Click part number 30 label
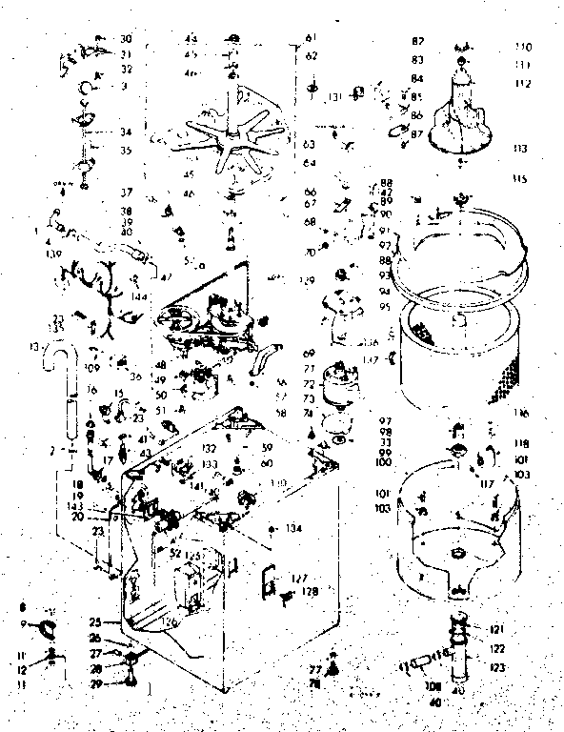(x=127, y=39)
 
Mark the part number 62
(x=310, y=56)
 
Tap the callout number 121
(x=496, y=629)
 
